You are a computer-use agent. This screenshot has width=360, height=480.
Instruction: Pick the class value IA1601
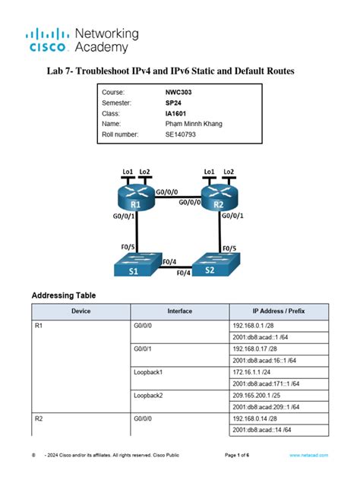pos(176,112)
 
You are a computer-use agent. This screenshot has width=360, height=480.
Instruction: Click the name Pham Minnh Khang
pos(194,123)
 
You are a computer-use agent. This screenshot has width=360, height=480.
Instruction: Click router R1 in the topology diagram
pos(135,199)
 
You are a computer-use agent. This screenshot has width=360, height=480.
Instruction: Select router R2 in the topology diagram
pos(219,199)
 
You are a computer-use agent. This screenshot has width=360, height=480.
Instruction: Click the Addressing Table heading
pos(63,295)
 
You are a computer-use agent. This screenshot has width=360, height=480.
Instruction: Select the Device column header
pos(81,311)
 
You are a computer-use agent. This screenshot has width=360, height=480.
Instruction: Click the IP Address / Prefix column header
pos(279,311)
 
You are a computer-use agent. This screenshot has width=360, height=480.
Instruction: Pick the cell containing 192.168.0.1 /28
pos(254,325)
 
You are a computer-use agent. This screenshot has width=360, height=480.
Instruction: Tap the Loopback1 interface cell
pos(150,372)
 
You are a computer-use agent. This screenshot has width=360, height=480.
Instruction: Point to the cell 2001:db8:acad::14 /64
pos(262,431)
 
